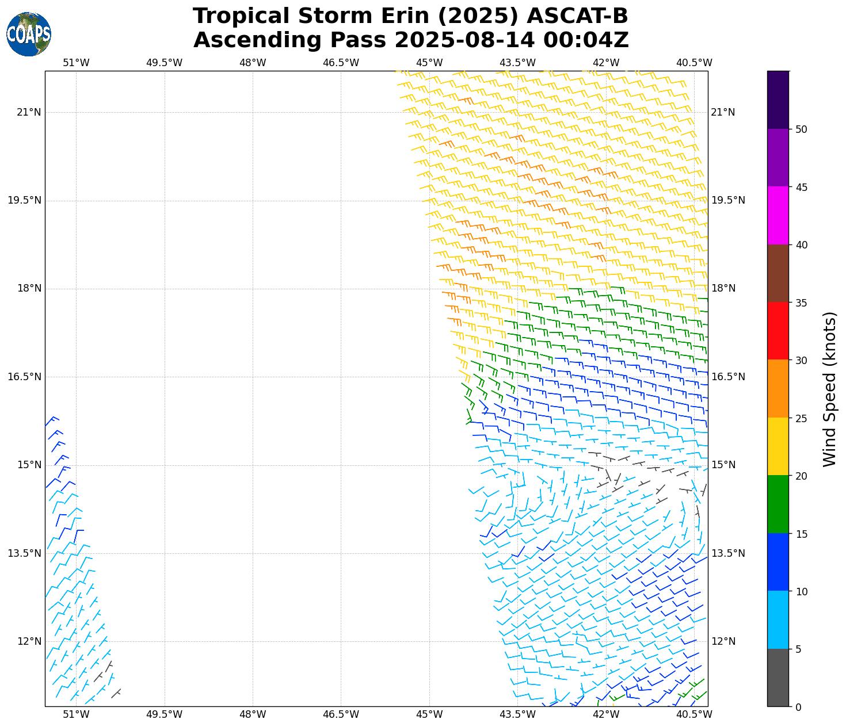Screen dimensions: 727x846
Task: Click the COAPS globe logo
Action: (29, 35)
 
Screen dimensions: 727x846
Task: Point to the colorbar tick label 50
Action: (801, 129)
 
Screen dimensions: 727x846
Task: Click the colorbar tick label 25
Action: (801, 418)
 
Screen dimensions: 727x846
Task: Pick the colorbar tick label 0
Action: (798, 707)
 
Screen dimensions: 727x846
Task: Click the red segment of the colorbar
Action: (778, 331)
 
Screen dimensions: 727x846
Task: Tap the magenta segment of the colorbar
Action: (778, 215)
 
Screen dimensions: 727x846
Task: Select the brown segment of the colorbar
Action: (778, 273)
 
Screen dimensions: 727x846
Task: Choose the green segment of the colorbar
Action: (778, 504)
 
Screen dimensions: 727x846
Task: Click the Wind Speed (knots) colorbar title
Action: (829, 389)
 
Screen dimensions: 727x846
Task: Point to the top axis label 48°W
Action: (253, 63)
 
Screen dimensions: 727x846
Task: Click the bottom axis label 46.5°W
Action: (341, 714)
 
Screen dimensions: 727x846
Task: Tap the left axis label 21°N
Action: (29, 112)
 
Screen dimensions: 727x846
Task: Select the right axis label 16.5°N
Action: (728, 377)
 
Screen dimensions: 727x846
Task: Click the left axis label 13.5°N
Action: (24, 553)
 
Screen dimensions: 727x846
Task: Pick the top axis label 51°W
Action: (76, 63)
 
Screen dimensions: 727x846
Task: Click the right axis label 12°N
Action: (723, 641)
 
